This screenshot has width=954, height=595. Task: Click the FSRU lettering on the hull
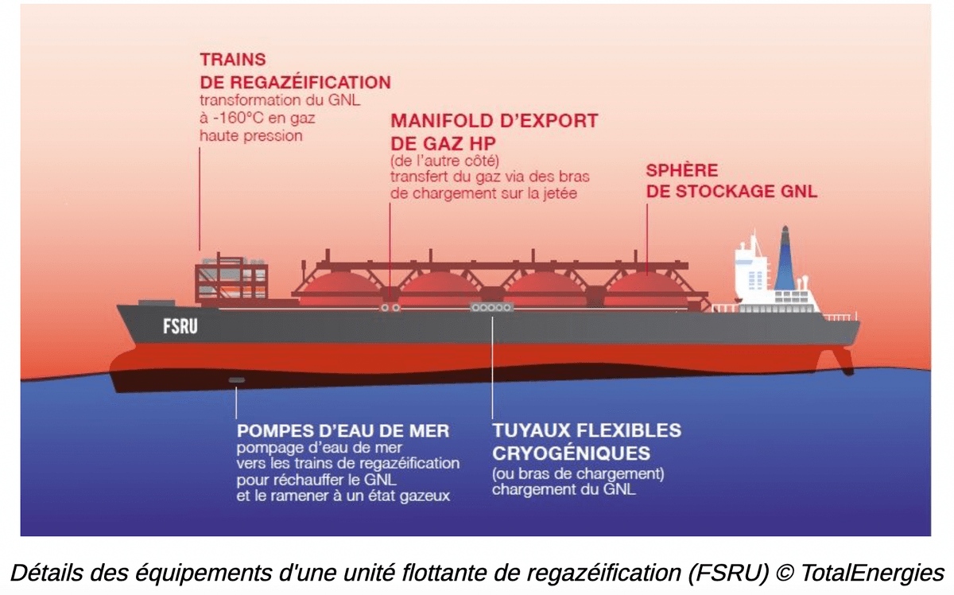click(x=180, y=325)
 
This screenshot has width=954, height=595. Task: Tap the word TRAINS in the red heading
click(x=233, y=60)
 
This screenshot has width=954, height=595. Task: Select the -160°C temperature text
click(x=232, y=119)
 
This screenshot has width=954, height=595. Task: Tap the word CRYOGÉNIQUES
click(x=571, y=453)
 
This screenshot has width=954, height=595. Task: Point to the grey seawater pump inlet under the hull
click(x=237, y=380)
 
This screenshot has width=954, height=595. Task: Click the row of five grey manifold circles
click(x=491, y=307)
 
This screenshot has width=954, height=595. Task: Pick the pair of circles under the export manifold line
click(x=390, y=307)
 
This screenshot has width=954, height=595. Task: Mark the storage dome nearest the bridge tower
click(x=646, y=286)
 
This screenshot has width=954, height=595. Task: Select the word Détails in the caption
click(x=44, y=572)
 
